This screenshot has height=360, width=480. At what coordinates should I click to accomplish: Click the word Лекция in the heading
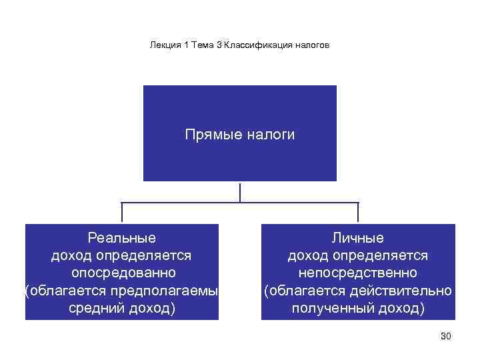click(x=163, y=45)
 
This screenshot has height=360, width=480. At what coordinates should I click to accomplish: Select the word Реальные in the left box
click(x=122, y=237)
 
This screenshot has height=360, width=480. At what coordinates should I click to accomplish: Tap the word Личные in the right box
click(x=358, y=237)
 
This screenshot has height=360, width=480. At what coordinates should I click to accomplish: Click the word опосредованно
click(x=123, y=273)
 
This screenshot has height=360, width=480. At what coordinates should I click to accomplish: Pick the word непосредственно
click(x=358, y=273)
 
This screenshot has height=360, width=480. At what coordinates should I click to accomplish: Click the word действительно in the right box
click(x=406, y=291)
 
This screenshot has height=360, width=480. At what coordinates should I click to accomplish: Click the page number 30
click(x=446, y=336)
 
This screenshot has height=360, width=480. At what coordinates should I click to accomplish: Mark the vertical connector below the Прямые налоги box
click(x=240, y=191)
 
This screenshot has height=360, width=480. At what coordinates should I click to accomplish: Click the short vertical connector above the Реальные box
click(x=122, y=213)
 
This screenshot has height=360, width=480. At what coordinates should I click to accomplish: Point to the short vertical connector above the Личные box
click(x=358, y=213)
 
